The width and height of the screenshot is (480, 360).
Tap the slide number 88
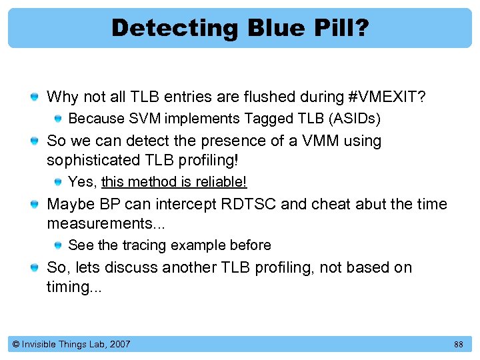point(458,344)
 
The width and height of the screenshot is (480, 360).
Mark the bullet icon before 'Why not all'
point(34,98)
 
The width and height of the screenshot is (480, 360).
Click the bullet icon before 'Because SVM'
point(58,119)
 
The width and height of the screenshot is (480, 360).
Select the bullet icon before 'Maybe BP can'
point(34,205)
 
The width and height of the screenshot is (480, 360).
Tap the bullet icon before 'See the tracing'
point(58,245)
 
